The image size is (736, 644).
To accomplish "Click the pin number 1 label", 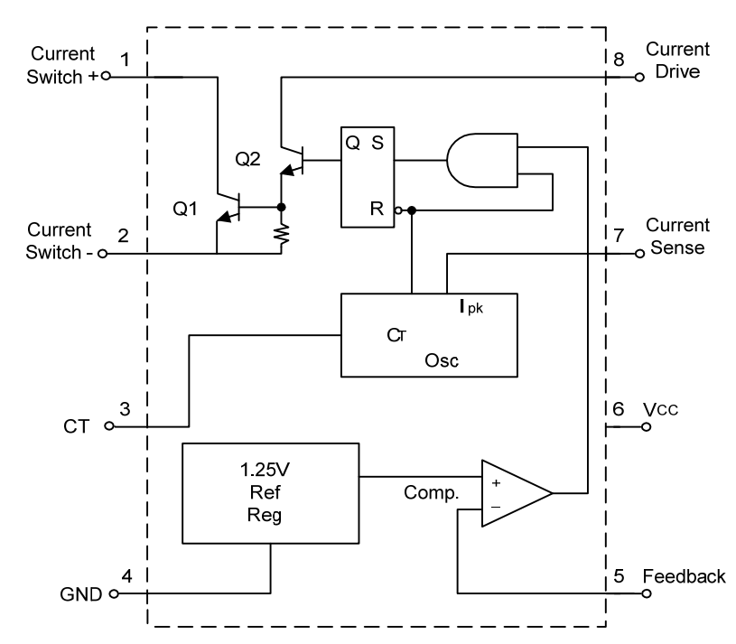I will [125, 60].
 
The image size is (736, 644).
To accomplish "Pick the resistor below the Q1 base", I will [282, 237].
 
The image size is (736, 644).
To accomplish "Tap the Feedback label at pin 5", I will [683, 576].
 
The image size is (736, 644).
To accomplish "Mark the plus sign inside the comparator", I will [494, 481].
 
